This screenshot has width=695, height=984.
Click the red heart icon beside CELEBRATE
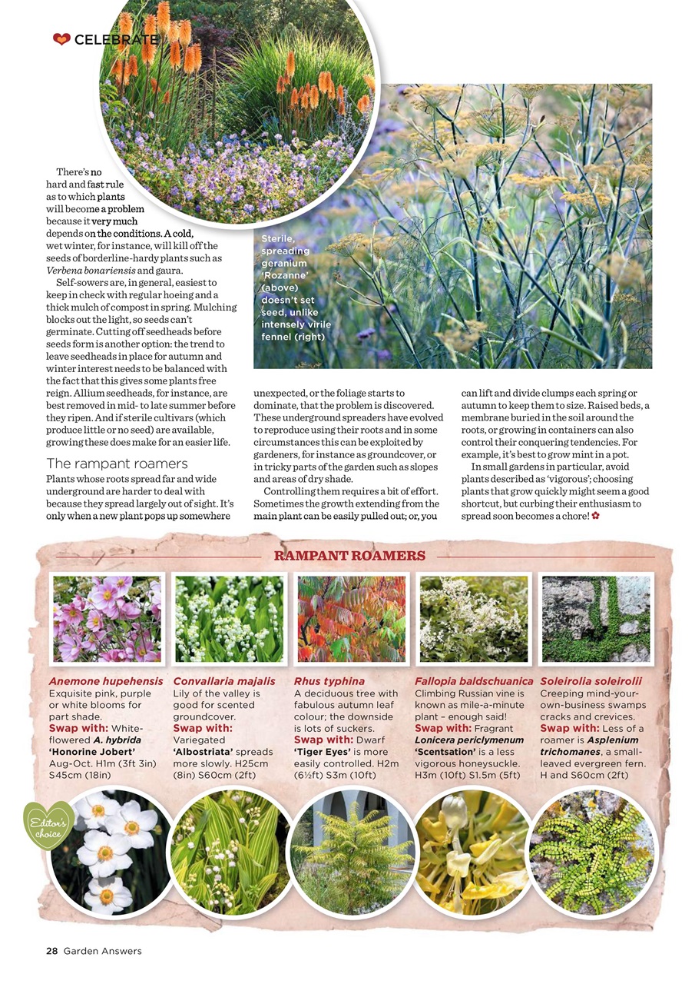click(x=61, y=39)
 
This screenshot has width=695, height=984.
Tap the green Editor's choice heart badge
click(x=49, y=826)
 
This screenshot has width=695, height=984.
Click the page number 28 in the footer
click(x=51, y=951)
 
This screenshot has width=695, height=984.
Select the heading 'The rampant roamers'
click(x=117, y=463)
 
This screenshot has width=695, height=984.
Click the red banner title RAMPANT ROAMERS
click(x=349, y=556)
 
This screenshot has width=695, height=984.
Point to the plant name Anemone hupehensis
click(x=106, y=681)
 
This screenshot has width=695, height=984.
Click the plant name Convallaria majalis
click(x=223, y=681)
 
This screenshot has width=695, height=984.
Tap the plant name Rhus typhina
click(x=329, y=681)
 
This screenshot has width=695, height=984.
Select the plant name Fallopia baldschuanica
click(x=474, y=681)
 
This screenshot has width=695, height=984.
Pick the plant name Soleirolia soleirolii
click(x=591, y=681)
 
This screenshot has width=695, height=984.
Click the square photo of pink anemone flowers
click(x=107, y=619)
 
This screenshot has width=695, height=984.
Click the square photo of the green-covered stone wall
click(x=596, y=619)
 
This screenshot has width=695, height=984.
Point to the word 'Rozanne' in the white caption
click(x=285, y=275)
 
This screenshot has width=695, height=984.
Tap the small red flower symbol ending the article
click(x=595, y=516)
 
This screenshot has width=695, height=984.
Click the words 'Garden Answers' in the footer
click(x=103, y=951)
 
